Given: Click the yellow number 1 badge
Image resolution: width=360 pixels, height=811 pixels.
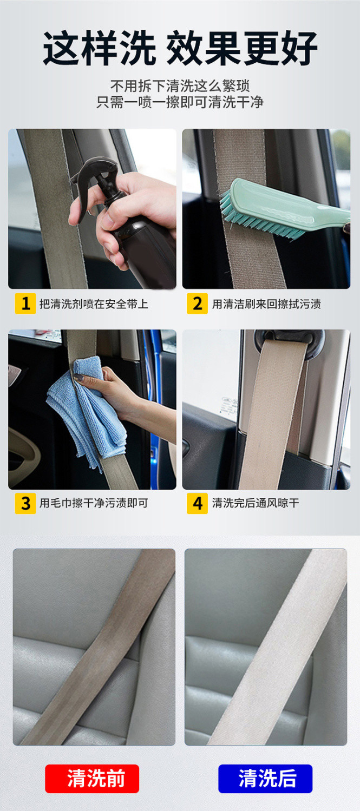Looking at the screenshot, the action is (25, 304).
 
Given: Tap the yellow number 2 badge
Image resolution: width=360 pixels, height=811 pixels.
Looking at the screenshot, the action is (197, 304).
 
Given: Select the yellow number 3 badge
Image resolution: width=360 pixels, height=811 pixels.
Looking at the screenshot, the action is (25, 503).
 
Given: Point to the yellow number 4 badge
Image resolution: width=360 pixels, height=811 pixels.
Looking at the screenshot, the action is (197, 503).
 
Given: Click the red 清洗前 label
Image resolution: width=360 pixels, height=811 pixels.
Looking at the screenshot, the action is (92, 779).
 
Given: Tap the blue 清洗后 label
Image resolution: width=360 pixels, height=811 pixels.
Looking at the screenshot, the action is (265, 779).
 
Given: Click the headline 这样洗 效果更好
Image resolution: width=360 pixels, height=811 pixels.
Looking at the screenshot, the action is (180, 48).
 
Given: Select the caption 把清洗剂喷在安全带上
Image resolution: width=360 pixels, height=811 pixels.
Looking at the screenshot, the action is (94, 304).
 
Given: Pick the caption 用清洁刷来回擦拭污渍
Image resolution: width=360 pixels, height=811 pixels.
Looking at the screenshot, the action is (266, 304).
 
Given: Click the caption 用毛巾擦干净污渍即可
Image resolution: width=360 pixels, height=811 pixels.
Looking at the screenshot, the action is (94, 503).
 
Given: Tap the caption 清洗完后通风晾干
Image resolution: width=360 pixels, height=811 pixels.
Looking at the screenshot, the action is (256, 503).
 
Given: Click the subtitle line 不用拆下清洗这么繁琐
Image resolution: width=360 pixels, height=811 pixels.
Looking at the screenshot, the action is (180, 86).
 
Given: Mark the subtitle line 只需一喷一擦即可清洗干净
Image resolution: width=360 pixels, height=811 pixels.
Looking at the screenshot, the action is (180, 102).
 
